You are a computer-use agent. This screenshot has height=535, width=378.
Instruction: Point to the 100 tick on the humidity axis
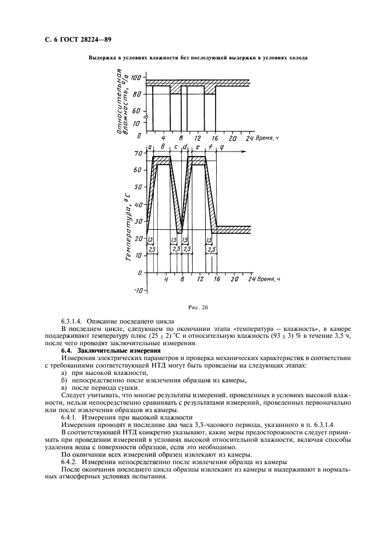(136, 77)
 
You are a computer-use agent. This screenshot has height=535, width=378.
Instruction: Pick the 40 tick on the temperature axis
(137, 205)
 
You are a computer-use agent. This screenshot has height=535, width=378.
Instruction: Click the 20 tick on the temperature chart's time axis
(233, 280)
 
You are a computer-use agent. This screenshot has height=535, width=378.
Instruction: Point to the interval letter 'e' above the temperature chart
(197, 147)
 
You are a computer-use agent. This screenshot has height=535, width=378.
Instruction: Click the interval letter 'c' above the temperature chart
(175, 147)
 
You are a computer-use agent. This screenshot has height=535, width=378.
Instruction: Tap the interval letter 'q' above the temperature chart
(222, 147)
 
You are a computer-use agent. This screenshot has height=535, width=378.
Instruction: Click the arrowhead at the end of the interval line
(244, 152)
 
